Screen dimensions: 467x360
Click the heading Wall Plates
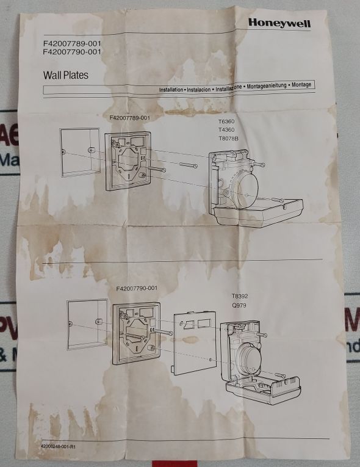(66, 76)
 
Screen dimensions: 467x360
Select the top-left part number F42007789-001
(72, 44)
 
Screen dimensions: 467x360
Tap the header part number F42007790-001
(72, 52)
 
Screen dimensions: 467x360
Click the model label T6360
(225, 121)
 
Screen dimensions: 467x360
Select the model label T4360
(225, 130)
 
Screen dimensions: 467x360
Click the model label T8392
(239, 295)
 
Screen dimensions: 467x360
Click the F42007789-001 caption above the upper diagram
(129, 117)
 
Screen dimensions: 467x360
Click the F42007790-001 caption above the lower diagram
(136, 288)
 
